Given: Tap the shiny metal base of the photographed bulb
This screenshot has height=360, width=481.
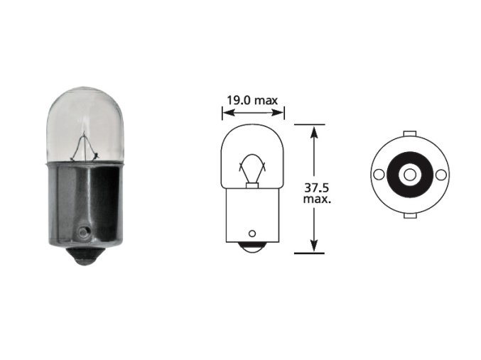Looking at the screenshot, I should (x=85, y=202).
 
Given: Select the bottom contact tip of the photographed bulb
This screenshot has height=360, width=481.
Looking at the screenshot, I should (x=85, y=256).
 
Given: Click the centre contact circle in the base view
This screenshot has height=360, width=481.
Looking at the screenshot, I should (x=409, y=175).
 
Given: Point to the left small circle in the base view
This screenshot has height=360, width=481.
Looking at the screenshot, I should (x=379, y=175).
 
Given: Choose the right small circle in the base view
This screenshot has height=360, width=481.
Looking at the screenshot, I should (x=441, y=175).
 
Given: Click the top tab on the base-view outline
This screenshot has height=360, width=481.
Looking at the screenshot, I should (x=409, y=133).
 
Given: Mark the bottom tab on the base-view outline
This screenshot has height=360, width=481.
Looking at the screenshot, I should (x=409, y=215).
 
